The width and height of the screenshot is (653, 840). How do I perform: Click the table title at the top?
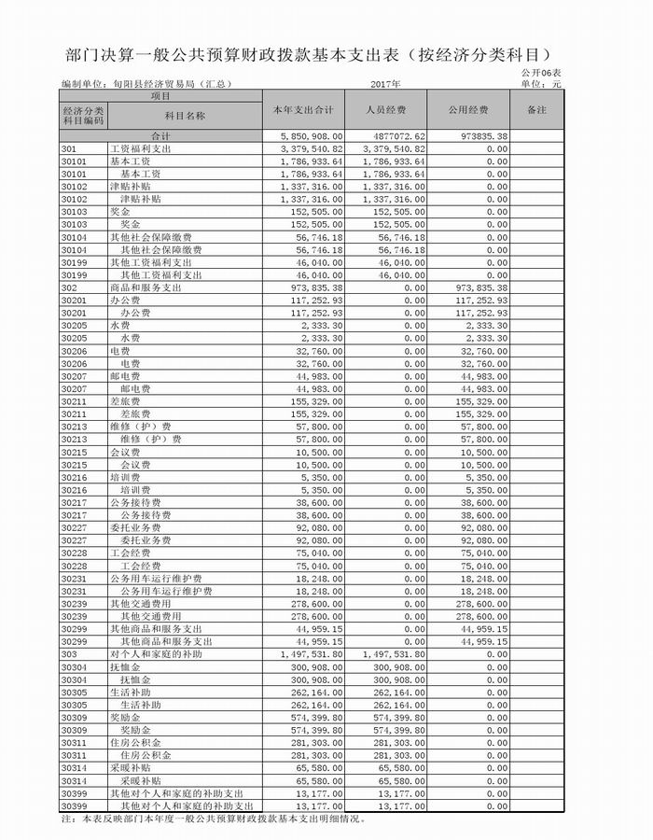[318, 51]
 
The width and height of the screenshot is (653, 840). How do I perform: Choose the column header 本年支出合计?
[303, 110]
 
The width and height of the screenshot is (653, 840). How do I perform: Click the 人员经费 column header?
[386, 110]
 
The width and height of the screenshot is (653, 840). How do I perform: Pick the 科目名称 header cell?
[185, 116]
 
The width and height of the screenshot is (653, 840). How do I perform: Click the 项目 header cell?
[160, 95]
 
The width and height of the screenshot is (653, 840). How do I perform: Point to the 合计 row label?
[160, 136]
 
